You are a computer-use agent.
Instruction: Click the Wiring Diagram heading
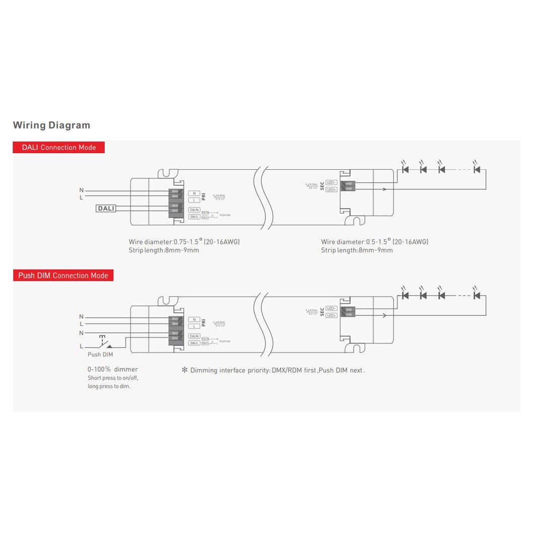(x=51, y=125)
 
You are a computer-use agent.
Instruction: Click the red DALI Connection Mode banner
(x=58, y=148)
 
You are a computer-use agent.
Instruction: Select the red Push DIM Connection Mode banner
(x=63, y=276)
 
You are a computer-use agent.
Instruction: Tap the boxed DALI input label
(x=106, y=208)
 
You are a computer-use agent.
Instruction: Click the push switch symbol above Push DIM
(x=106, y=342)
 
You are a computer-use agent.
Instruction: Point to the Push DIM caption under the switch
(x=100, y=355)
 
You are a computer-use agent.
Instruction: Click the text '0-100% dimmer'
(x=112, y=369)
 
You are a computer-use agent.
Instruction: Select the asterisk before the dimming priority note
(x=184, y=370)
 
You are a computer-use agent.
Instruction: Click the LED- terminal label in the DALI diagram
(x=331, y=182)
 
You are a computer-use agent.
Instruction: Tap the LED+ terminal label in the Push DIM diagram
(x=331, y=315)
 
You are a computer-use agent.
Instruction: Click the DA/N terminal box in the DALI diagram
(x=194, y=210)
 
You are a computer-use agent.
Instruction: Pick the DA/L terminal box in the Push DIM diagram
(x=194, y=343)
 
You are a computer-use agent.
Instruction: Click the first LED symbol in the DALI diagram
(x=405, y=169)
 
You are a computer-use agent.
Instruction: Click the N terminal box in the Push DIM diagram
(x=194, y=319)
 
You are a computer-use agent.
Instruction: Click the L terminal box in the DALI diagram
(x=194, y=200)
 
